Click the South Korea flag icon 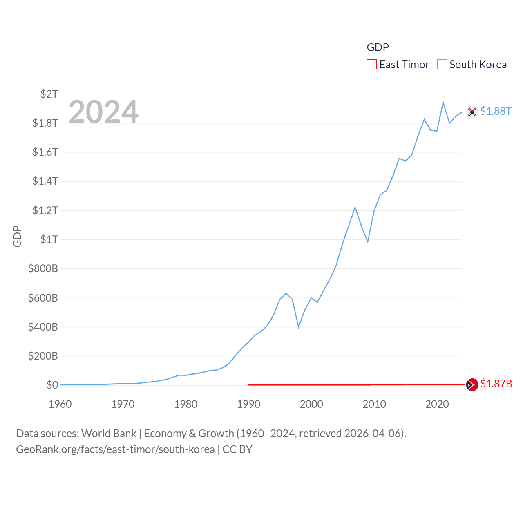click(x=472, y=112)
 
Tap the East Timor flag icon click(x=472, y=384)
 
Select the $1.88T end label click(x=496, y=111)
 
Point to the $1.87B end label click(x=496, y=384)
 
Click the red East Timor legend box click(x=371, y=65)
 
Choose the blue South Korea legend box click(x=442, y=65)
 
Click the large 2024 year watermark click(x=103, y=112)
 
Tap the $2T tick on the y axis click(x=49, y=94)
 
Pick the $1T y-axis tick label click(x=49, y=239)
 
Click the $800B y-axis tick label click(x=43, y=268)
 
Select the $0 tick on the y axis click(x=52, y=385)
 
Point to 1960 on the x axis click(x=60, y=404)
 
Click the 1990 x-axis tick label click(x=248, y=404)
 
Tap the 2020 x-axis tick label click(x=437, y=404)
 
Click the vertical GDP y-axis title click(x=17, y=236)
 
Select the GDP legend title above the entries click(x=378, y=47)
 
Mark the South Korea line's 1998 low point click(x=299, y=327)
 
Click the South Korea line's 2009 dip click(x=368, y=242)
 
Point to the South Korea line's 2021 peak click(x=443, y=102)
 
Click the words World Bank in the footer click(x=109, y=434)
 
